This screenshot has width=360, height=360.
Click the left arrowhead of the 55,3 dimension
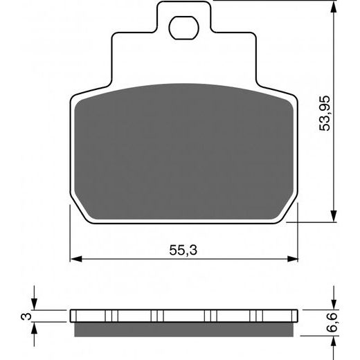[75, 260]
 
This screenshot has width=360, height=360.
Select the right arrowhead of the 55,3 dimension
[292, 260]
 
